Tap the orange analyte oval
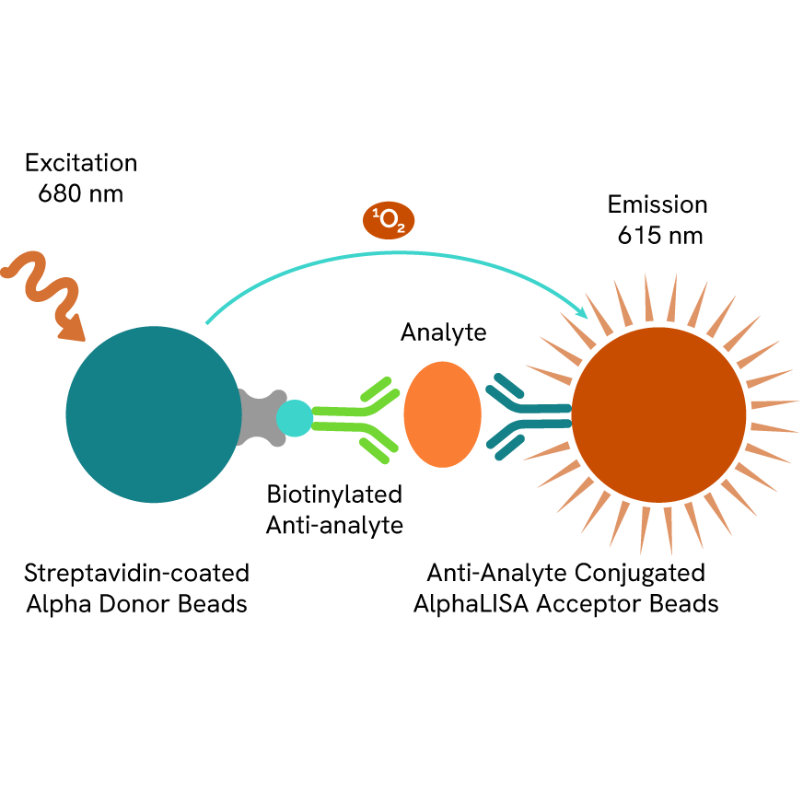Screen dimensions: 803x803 click(x=442, y=413)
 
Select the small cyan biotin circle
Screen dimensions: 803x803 click(x=295, y=417)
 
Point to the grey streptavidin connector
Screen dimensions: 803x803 click(x=259, y=417)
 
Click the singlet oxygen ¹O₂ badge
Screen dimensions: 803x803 click(x=389, y=221)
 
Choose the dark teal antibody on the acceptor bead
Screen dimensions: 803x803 click(x=525, y=417)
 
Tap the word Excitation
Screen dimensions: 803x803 click(x=81, y=164)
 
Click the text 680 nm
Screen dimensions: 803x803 click(x=81, y=194)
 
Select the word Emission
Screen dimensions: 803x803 click(x=658, y=204)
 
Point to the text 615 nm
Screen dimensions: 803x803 click(x=659, y=236)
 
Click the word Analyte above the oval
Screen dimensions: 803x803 click(x=443, y=332)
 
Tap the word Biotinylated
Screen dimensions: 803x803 click(x=334, y=495)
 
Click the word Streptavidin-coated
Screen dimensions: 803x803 click(x=136, y=574)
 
